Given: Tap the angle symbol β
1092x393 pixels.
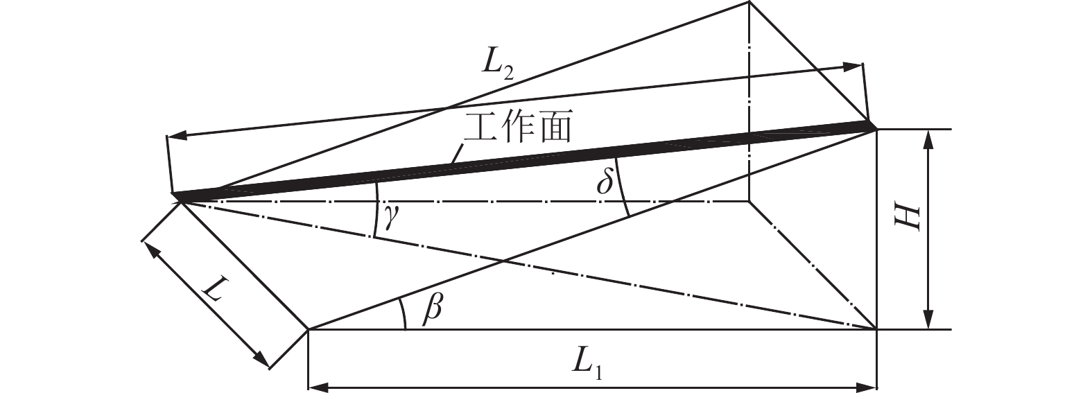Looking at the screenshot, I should coord(433,309).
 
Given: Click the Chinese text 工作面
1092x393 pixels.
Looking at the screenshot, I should coord(517,129).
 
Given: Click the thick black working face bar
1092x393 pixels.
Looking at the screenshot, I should coord(527,160).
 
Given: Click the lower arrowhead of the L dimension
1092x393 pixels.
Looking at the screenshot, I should coord(261,359).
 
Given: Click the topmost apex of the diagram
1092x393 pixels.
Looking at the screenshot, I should coord(749,3).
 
